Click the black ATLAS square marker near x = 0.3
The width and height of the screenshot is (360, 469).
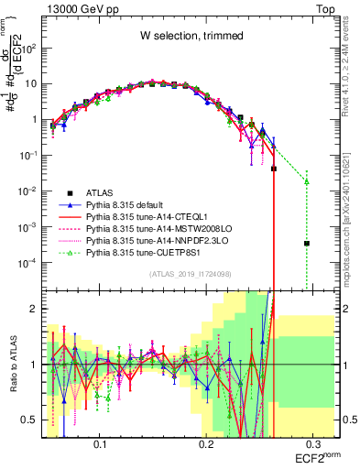coord(307,244)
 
